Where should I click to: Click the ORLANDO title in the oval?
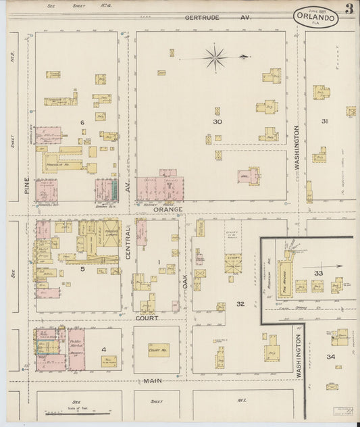tap(315, 16)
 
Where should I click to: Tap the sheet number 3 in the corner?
tap(349, 9)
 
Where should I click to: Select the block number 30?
tap(217, 122)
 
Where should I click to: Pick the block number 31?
tap(324, 121)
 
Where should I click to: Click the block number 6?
tap(82, 122)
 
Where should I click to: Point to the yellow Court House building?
tap(158, 350)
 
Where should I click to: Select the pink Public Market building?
tap(76, 349)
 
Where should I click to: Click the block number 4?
tap(104, 349)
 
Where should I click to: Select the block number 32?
tap(239, 303)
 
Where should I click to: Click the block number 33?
tap(318, 272)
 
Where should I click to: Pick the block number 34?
tap(331, 356)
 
